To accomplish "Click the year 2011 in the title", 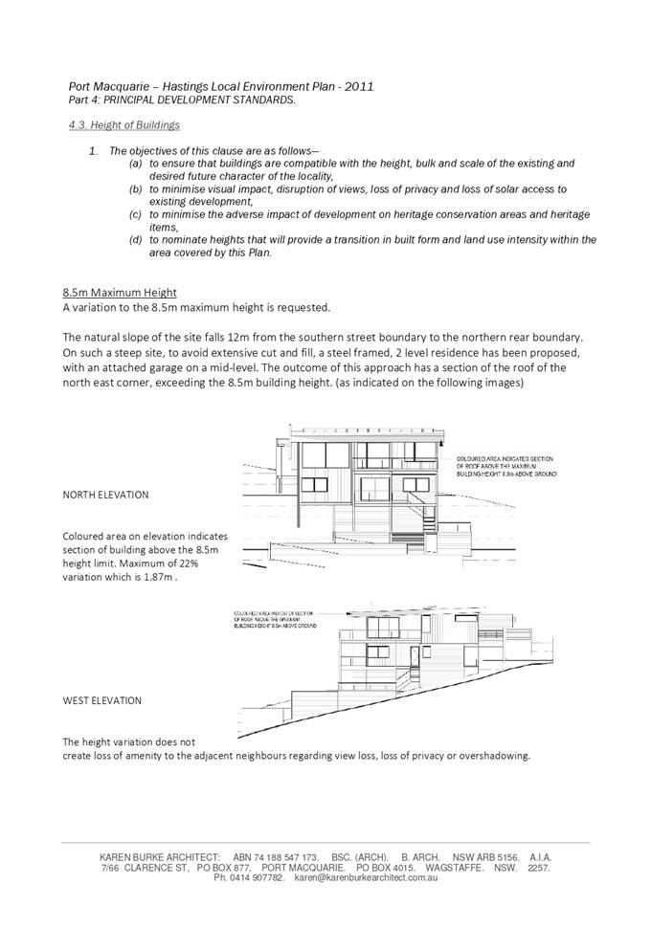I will [357, 86].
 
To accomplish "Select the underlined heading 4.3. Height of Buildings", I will [124, 125].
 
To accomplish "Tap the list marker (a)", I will [136, 164].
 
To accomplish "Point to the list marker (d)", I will [136, 240].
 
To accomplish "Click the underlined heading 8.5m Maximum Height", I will [120, 292].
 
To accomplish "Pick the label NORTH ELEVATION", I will [105, 495].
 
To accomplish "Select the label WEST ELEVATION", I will [101, 700].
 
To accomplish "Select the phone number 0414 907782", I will [256, 877].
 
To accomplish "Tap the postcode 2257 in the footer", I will [539, 868].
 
